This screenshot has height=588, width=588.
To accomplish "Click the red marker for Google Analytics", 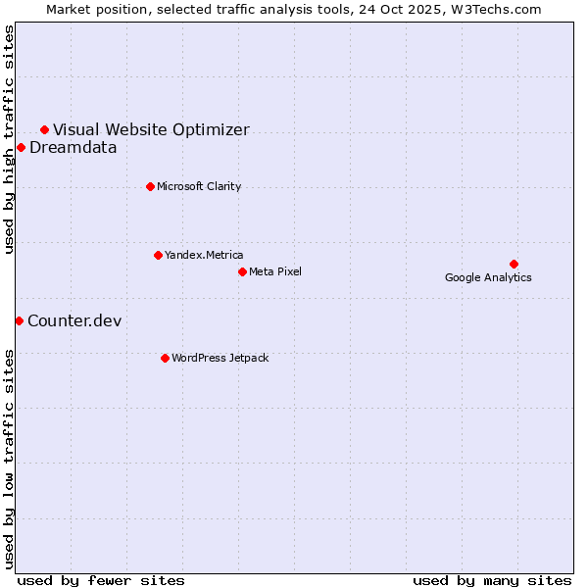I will click(x=514, y=264).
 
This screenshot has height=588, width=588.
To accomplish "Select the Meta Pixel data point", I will click(x=242, y=271).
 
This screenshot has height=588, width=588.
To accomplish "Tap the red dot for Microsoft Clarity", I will click(x=150, y=186).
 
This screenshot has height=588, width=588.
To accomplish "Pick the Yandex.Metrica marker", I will click(x=158, y=255).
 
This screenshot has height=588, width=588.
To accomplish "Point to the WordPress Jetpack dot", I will click(x=165, y=358).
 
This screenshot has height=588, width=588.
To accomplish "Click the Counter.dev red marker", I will click(x=19, y=320).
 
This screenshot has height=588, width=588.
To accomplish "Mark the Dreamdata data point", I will click(x=21, y=148).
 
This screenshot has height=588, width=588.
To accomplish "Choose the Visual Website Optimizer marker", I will click(x=44, y=129).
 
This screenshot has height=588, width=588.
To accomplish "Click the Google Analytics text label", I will click(x=488, y=277).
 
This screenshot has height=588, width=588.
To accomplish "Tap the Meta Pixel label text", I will click(x=275, y=271).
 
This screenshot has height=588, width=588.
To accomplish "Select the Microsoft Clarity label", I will click(x=199, y=186).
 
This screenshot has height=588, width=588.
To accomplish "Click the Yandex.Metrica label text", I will click(x=204, y=255).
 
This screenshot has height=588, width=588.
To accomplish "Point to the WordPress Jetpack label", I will click(x=220, y=358).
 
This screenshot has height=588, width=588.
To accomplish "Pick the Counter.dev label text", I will click(x=74, y=320).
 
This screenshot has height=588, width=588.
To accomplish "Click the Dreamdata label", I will click(x=73, y=148).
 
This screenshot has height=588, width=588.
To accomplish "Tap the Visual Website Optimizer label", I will click(x=151, y=129).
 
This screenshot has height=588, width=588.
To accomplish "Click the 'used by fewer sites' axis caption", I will click(x=101, y=580).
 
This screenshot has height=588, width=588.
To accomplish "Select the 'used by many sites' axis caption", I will click(x=492, y=580).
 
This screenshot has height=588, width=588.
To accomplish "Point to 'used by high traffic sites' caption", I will click(x=9, y=139).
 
